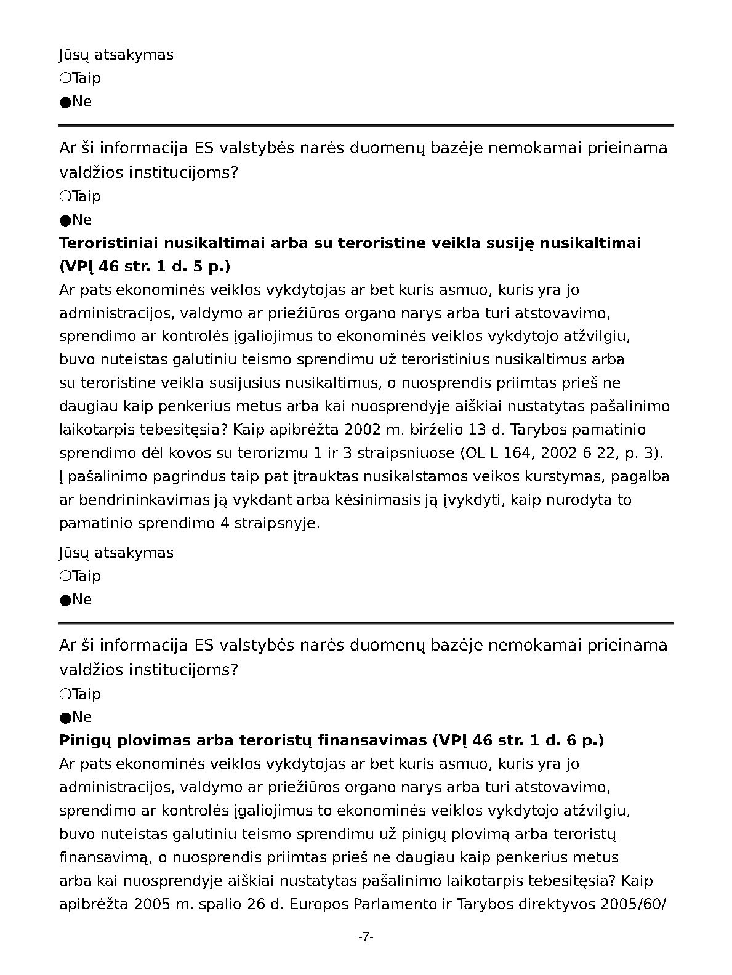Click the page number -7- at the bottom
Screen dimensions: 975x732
[x=366, y=937]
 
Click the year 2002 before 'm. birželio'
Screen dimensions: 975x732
[x=363, y=430]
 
